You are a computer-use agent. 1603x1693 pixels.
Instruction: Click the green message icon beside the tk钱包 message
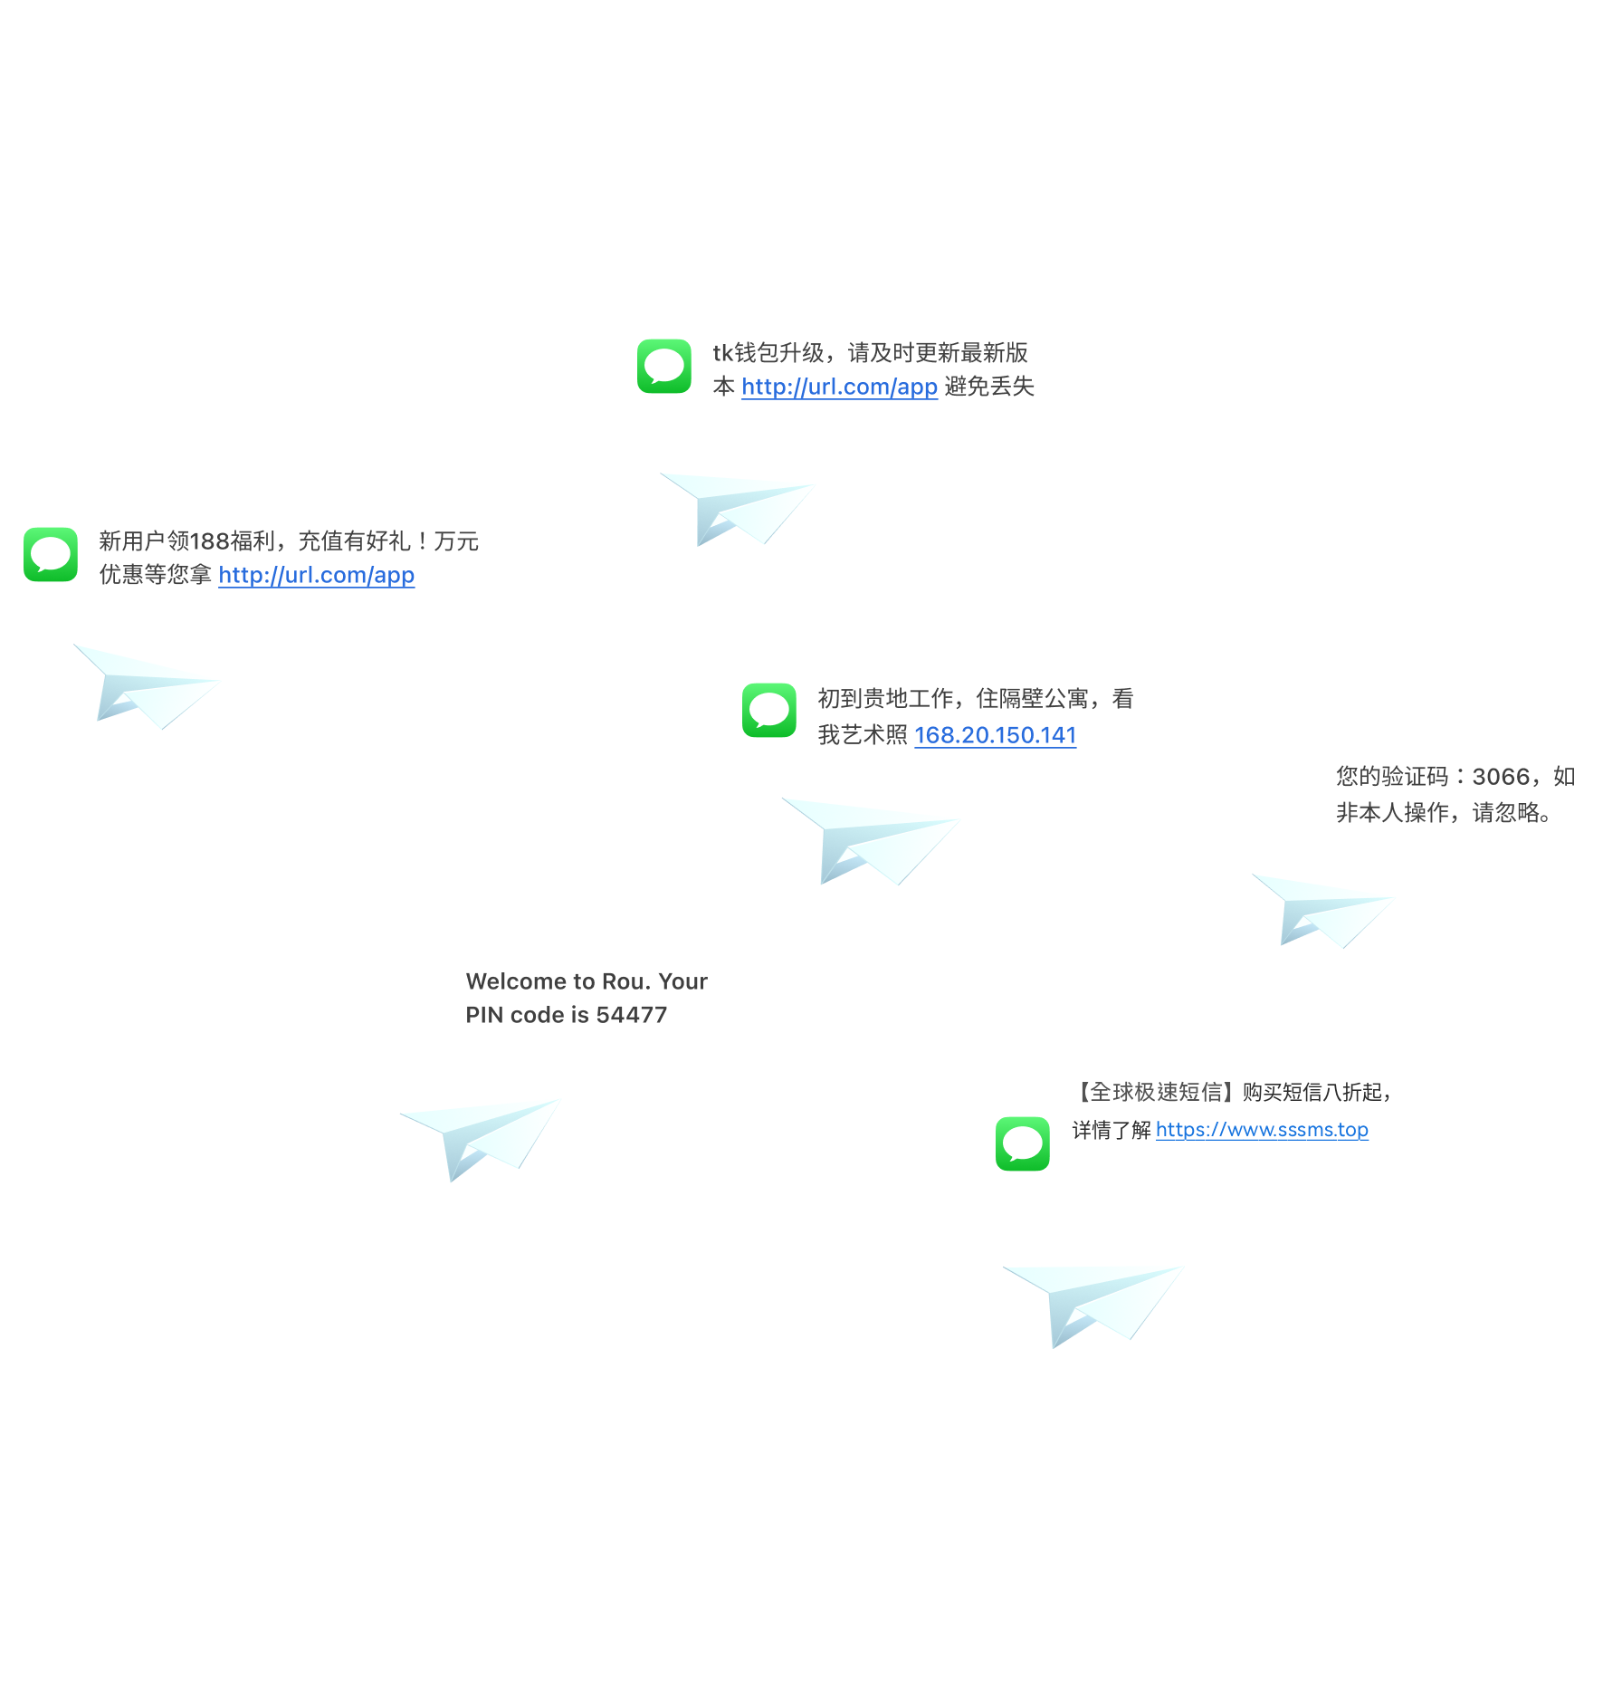coord(663,367)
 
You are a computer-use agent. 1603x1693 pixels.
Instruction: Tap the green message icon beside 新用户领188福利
coord(51,554)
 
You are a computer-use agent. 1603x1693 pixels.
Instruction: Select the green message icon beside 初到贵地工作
coord(769,710)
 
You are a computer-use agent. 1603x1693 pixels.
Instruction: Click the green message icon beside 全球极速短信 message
coord(1023,1143)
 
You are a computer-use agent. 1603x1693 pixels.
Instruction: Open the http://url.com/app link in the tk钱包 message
coord(839,387)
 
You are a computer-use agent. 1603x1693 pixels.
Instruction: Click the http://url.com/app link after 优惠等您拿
coord(317,575)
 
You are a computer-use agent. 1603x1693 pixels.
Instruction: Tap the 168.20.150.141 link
coord(995,735)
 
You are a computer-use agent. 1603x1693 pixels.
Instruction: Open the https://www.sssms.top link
coord(1262,1130)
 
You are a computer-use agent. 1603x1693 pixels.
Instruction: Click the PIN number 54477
coord(632,1015)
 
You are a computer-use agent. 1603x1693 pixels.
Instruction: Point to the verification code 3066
coord(1501,777)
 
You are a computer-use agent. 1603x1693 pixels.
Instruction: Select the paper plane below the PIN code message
coord(480,1138)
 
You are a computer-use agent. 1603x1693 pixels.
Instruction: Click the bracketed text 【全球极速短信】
coord(1155,1092)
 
